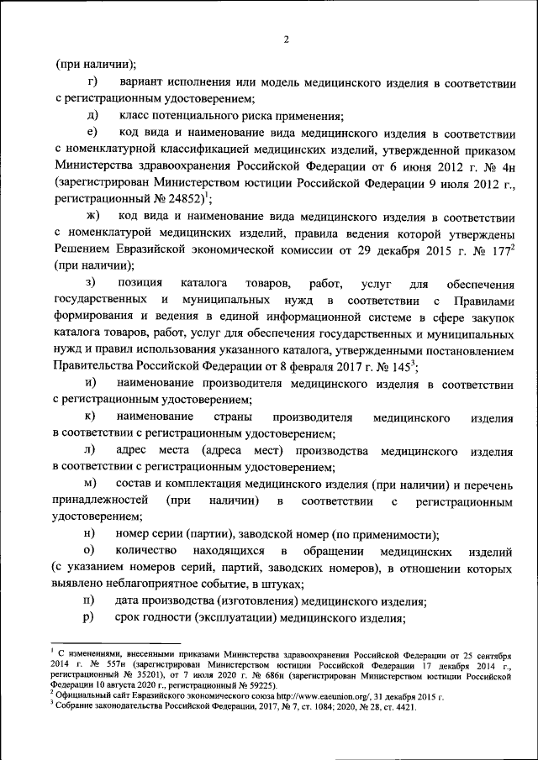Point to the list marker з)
tap(91, 282)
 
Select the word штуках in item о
tap(276, 584)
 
